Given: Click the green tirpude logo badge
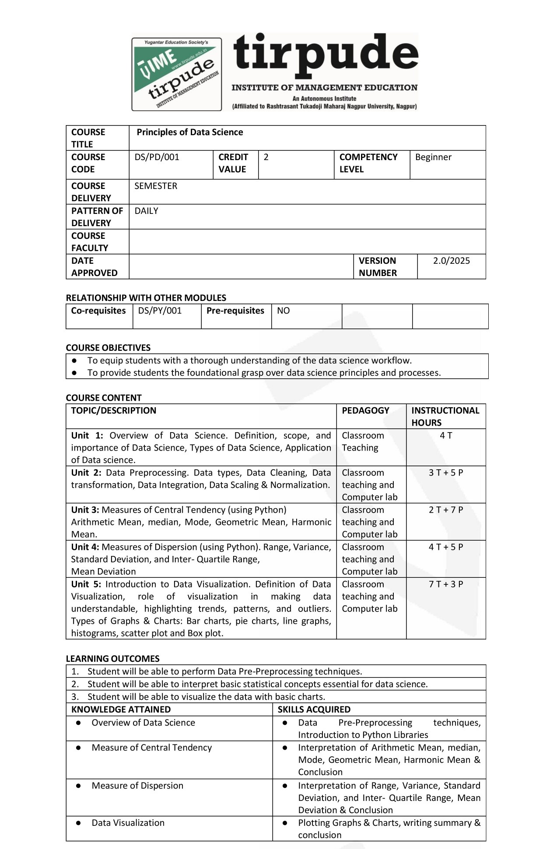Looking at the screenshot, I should pyautogui.click(x=176, y=74).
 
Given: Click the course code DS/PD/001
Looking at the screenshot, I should pyautogui.click(x=157, y=157).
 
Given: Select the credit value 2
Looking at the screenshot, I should pyautogui.click(x=266, y=157).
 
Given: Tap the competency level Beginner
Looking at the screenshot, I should pyautogui.click(x=433, y=157).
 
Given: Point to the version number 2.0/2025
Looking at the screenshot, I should pyautogui.click(x=451, y=261).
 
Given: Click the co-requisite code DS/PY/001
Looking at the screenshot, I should pyautogui.click(x=160, y=311).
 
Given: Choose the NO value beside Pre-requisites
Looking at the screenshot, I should pyautogui.click(x=283, y=311).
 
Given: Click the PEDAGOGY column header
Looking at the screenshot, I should pyautogui.click(x=365, y=410).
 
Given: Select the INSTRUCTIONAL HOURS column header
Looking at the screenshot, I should pyautogui.click(x=445, y=416).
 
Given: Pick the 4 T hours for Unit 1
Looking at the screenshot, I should pyautogui.click(x=446, y=435).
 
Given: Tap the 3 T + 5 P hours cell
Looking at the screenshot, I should pyautogui.click(x=446, y=472).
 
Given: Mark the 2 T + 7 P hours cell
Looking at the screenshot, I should pyautogui.click(x=446, y=510).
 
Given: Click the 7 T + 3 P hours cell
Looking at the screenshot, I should pyautogui.click(x=446, y=584).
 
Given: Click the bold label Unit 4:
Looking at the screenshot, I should pyautogui.click(x=85, y=547).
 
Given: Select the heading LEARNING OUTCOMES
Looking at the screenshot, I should pyautogui.click(x=112, y=658).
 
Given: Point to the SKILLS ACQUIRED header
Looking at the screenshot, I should pyautogui.click(x=314, y=709).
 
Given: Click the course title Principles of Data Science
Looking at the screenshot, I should pyautogui.click(x=189, y=132).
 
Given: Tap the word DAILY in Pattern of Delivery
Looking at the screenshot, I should pyautogui.click(x=146, y=211).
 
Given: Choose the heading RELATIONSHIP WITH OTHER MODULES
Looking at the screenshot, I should pyautogui.click(x=146, y=298).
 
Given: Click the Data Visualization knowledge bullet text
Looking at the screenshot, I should pyautogui.click(x=128, y=822).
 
